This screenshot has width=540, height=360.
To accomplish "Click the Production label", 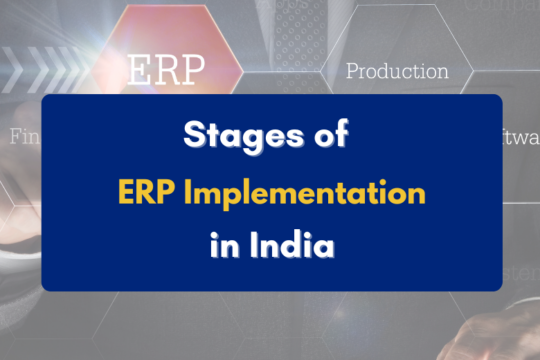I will (x=397, y=72).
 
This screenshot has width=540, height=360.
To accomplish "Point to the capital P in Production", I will (x=352, y=72).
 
